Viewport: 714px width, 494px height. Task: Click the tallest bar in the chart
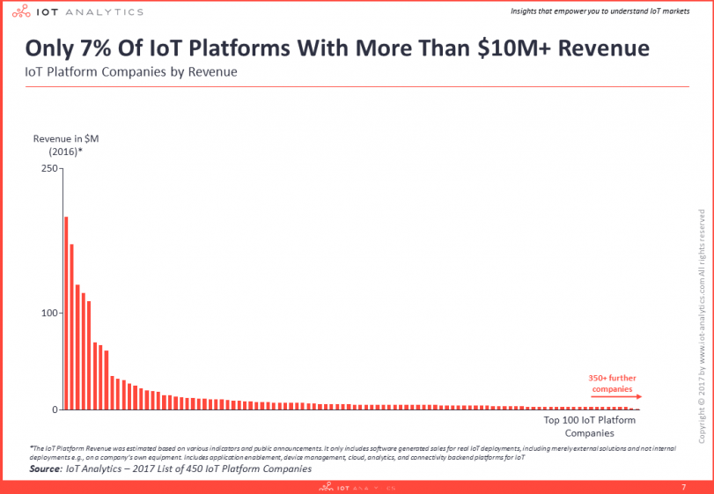[x=66, y=313]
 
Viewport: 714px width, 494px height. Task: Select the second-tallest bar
[x=72, y=326]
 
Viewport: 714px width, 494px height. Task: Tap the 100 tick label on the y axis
[x=48, y=313]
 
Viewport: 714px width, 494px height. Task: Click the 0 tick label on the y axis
[x=53, y=409]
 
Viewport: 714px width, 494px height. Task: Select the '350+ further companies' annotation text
[x=611, y=383]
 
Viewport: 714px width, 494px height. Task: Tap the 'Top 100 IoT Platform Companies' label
[x=589, y=426]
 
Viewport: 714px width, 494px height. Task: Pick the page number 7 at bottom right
[x=684, y=487]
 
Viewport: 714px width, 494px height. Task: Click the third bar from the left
[x=77, y=347]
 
